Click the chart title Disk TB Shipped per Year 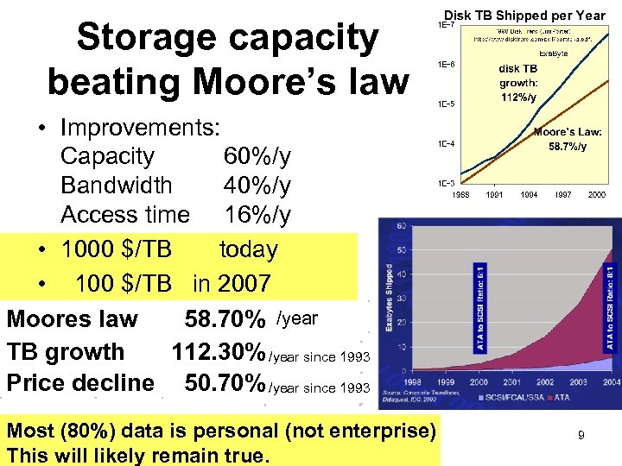pyautogui.click(x=524, y=16)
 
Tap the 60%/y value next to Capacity pyautogui.click(x=257, y=156)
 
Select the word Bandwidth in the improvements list pyautogui.click(x=116, y=186)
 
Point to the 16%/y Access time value pyautogui.click(x=257, y=214)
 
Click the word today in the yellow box pyautogui.click(x=248, y=249)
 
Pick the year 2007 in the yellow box pyautogui.click(x=244, y=283)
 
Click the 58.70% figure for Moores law pyautogui.click(x=225, y=320)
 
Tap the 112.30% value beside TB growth pyautogui.click(x=219, y=352)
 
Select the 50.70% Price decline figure pyautogui.click(x=225, y=382)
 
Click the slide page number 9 pyautogui.click(x=581, y=436)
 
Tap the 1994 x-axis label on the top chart pyautogui.click(x=529, y=195)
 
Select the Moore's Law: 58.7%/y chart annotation pyautogui.click(x=568, y=139)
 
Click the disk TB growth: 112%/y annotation pyautogui.click(x=518, y=82)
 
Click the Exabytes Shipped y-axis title pyautogui.click(x=388, y=293)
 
